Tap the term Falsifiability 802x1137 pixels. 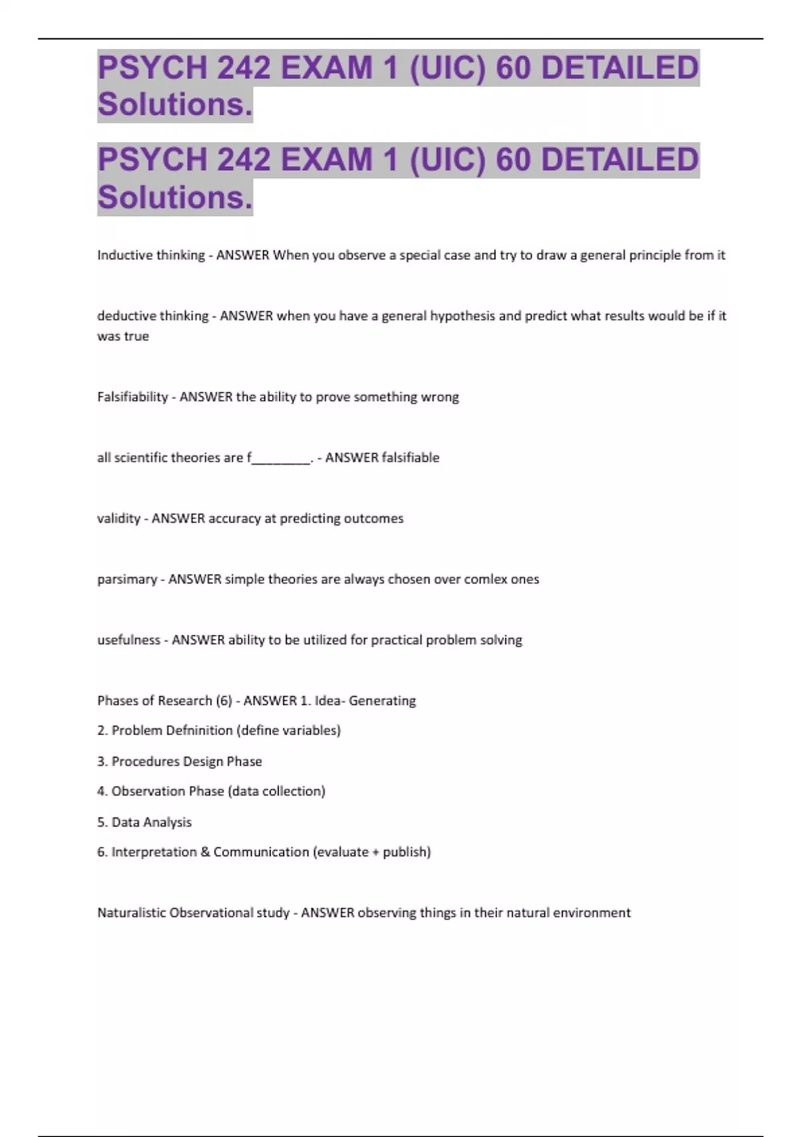point(132,397)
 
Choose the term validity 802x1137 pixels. point(118,518)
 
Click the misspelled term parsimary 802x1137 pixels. point(127,579)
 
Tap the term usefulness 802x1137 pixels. point(128,640)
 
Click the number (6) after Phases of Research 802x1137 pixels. point(224,701)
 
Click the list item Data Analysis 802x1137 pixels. point(151,822)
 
